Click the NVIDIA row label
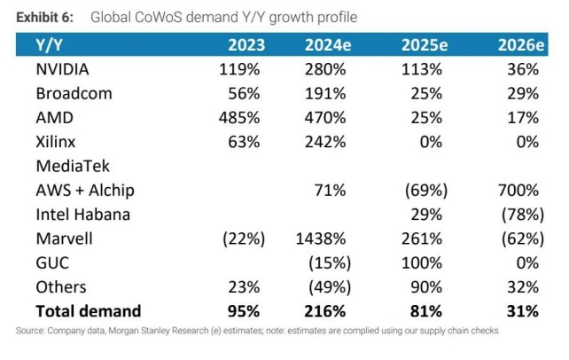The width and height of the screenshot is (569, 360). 64,69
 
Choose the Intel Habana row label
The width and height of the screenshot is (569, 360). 83,214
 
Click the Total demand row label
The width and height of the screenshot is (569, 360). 88,310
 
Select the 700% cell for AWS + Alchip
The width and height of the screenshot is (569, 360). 518,190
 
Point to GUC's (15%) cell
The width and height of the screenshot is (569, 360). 330,262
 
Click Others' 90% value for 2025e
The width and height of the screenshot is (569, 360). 430,286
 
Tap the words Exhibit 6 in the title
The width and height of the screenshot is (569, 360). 43,18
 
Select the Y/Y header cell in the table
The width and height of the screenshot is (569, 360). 49,44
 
